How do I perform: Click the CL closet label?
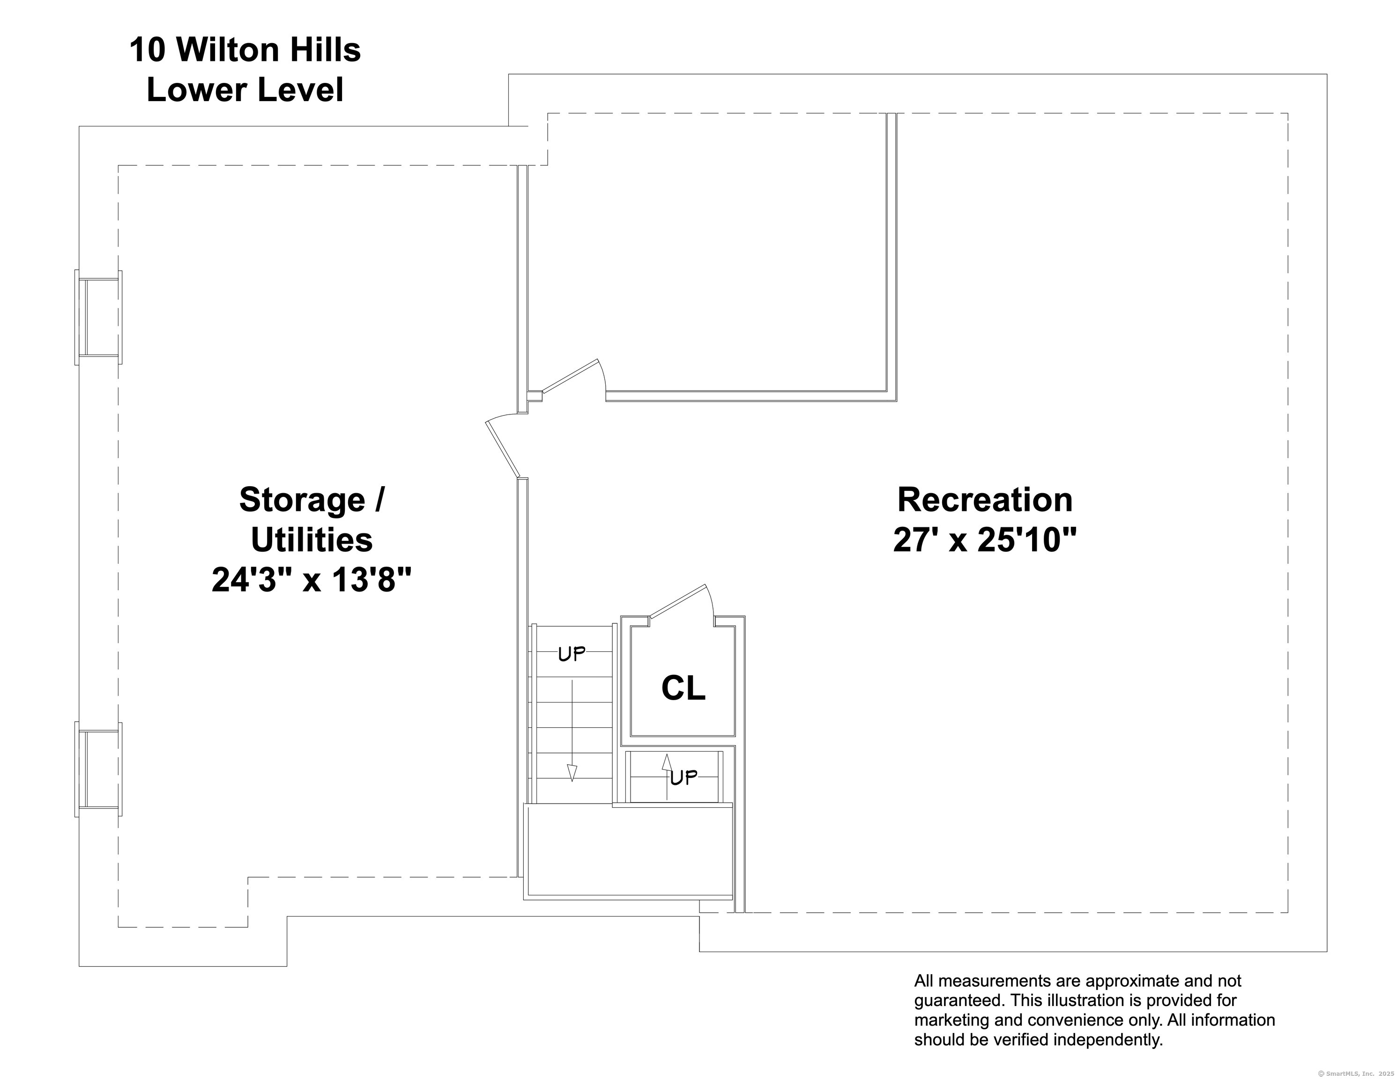point(683,688)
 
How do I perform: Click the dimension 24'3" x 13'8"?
point(312,580)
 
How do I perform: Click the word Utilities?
point(312,540)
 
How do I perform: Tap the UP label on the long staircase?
point(571,654)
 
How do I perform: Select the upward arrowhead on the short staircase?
point(667,762)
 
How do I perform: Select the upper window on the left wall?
point(98,317)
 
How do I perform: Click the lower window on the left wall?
point(98,769)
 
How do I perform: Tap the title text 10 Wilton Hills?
point(245,50)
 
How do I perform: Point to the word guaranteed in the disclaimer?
point(953,1000)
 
